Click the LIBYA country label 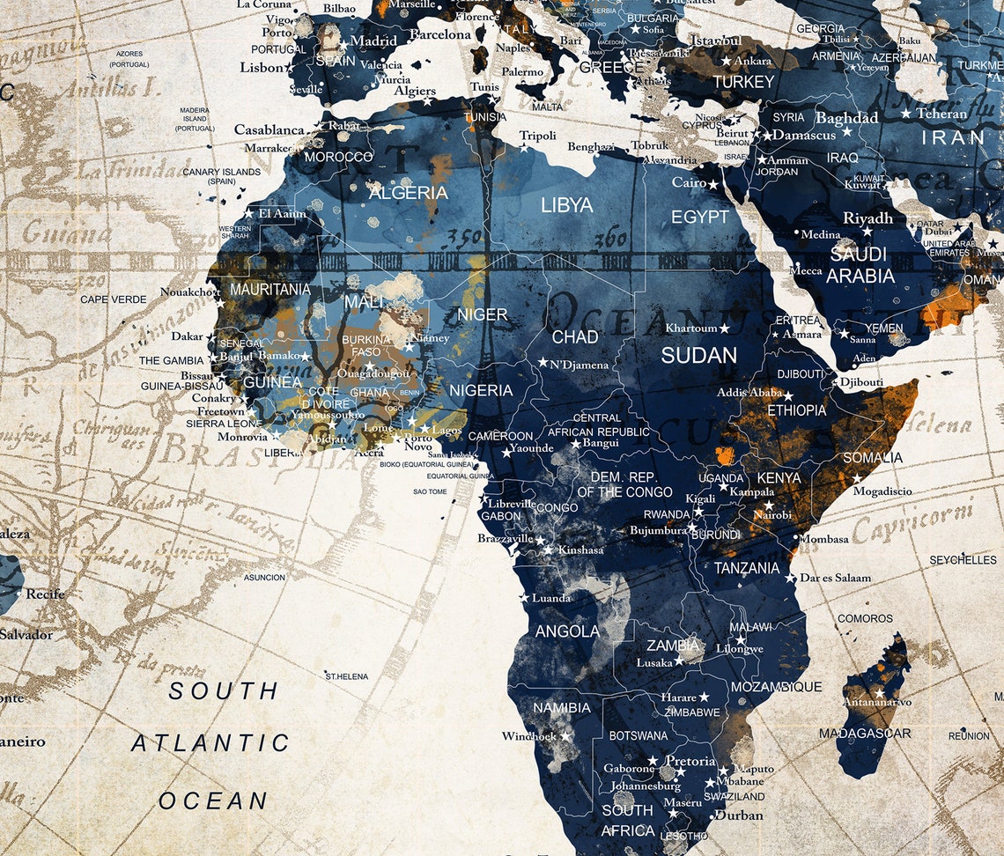point(566,205)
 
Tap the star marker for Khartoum point(724,328)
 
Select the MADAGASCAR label point(865,733)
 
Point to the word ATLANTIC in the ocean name point(210,743)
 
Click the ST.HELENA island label point(347,676)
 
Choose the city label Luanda point(551,598)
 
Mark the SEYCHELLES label point(963,560)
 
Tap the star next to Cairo point(712,185)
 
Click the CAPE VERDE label point(114,299)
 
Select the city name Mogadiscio point(882,491)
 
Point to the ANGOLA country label point(567,631)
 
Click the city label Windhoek point(529,736)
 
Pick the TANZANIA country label point(746,568)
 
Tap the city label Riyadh point(867,218)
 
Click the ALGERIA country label point(408,192)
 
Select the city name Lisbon point(262,67)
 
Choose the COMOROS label point(865,618)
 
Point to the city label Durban point(739,815)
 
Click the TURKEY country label point(743,82)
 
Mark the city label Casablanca point(269,129)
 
